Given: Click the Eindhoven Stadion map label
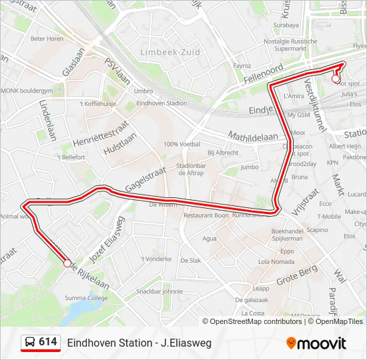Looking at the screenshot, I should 161,103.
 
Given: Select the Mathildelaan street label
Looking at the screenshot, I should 253,137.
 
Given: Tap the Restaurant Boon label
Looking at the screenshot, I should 206,216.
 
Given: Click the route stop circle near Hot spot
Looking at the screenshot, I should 336,79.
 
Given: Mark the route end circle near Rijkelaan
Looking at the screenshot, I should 67,264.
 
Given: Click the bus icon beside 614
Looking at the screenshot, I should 30,343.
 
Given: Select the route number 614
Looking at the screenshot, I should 47,342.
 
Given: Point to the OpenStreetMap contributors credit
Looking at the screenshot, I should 256,321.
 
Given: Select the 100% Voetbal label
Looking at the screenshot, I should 181,144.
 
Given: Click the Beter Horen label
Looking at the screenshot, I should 47,39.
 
